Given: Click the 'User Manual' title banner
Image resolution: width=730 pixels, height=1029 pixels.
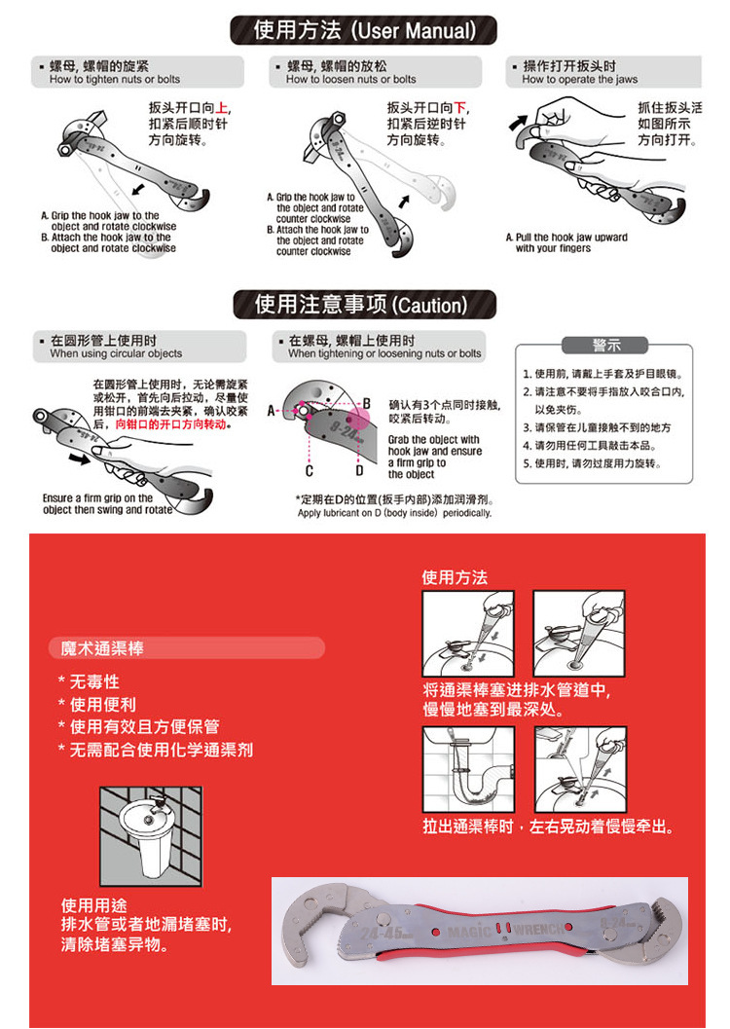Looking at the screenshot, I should (x=364, y=30).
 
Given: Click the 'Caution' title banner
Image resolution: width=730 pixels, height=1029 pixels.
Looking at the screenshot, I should (x=364, y=305).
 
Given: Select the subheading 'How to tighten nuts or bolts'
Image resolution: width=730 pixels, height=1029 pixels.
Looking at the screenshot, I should (x=115, y=80).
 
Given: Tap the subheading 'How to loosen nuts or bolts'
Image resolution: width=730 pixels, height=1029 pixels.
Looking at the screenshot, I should (x=350, y=80).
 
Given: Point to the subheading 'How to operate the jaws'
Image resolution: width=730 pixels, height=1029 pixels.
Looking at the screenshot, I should (x=580, y=80).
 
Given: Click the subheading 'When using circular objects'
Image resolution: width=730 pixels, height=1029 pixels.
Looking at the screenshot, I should (x=116, y=354).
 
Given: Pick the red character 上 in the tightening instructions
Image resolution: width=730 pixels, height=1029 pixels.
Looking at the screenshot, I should (x=222, y=109).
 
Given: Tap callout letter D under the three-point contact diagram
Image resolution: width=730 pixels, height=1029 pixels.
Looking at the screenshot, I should (x=358, y=471).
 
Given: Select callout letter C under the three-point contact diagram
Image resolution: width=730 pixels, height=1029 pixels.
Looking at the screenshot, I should (x=309, y=471).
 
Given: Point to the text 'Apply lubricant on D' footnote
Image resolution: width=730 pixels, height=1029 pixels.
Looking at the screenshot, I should (x=394, y=513).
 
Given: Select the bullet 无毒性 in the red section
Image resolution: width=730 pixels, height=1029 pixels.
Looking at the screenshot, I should (x=93, y=681).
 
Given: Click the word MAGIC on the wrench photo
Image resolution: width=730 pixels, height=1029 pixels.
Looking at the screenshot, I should (x=470, y=932).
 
